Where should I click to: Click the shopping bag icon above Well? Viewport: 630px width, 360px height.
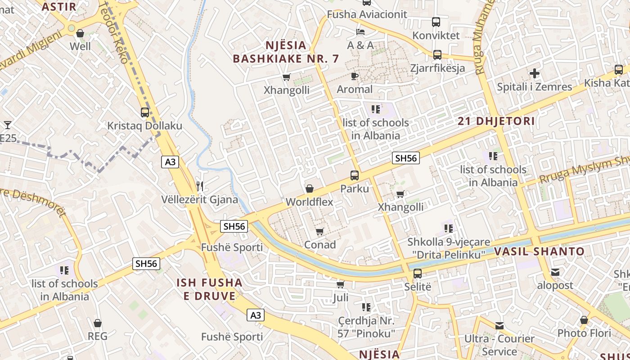pos(80,33)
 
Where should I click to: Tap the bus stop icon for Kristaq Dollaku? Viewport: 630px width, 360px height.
pos(144,112)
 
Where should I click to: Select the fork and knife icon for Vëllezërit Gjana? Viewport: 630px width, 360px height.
pos(200,186)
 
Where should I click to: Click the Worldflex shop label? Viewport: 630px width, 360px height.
pos(310,202)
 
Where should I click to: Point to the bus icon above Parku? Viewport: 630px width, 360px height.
pos(355,175)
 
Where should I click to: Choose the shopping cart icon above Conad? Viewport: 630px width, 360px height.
pos(319,232)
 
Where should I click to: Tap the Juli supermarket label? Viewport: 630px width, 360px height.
pos(341,297)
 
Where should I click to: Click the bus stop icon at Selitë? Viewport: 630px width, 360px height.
pos(418,273)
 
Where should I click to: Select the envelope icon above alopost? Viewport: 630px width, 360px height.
pos(555,272)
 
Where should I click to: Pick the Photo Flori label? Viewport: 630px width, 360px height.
pos(584,333)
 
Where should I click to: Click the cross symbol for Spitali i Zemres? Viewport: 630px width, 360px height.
pos(534,73)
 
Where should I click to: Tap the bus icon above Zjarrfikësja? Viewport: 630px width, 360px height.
pos(437,55)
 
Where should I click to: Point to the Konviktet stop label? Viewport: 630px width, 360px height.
pos(436,35)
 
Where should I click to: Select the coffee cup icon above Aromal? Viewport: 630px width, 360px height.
pos(355,76)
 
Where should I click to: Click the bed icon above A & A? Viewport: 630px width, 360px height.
pos(360,32)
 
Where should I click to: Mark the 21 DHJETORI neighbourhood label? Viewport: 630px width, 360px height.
pos(496,121)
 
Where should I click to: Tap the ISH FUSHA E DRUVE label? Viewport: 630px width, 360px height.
pos(209,289)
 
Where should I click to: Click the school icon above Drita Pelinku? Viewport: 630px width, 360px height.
pos(448,229)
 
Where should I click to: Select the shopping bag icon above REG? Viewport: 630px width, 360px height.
pos(98,323)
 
